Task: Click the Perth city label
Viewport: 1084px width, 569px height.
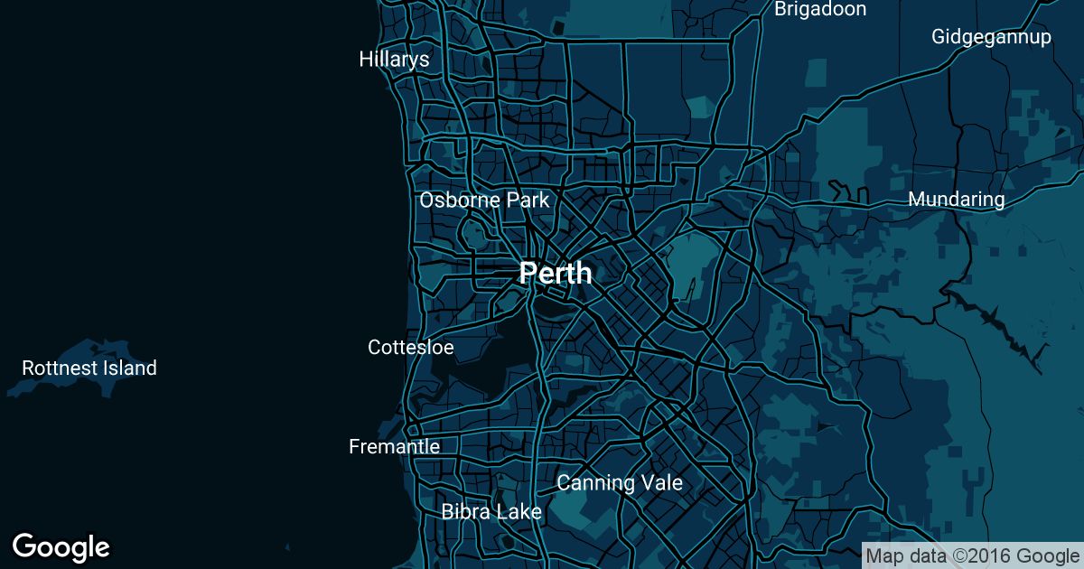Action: coord(556,273)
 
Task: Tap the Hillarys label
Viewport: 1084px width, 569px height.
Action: coord(394,60)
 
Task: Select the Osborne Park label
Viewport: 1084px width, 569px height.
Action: coord(484,200)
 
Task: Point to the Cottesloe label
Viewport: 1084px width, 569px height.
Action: coord(411,347)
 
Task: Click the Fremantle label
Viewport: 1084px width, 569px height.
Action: coord(395,446)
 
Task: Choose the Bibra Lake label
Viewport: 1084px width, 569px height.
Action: coord(491,511)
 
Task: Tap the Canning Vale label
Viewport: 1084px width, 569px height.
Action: coord(620,482)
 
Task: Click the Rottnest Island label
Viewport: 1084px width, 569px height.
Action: coord(89,368)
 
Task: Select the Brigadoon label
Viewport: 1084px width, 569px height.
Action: coord(820,9)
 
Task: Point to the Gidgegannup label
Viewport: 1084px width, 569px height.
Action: coord(992,37)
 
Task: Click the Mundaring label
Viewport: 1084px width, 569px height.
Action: coord(957,199)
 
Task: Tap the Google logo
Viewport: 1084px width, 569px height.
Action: coord(61,546)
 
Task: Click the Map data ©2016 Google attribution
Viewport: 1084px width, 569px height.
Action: coord(972,555)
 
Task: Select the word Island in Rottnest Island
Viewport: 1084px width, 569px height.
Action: coord(132,368)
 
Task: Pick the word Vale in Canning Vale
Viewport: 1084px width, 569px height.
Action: coord(661,482)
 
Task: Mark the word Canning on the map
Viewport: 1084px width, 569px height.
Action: coord(595,482)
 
